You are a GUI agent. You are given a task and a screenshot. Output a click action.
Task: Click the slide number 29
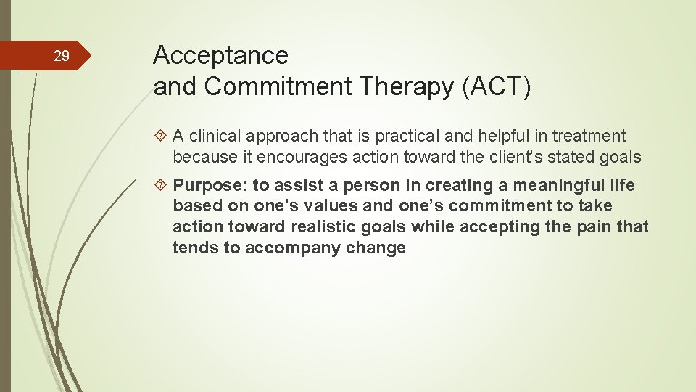point(62,56)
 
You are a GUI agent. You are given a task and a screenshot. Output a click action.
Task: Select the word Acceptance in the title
point(221,55)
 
